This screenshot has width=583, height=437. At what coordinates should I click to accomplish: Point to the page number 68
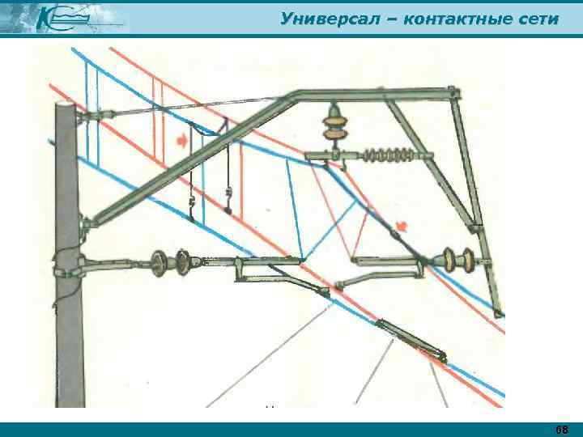(561, 428)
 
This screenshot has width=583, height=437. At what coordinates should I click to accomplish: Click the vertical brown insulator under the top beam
(334, 124)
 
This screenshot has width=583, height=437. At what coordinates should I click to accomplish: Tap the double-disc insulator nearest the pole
(172, 261)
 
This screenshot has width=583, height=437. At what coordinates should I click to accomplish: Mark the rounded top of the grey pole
(66, 108)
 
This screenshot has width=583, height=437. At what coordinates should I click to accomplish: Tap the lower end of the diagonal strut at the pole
(91, 218)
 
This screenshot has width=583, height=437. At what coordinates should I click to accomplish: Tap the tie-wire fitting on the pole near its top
(83, 119)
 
